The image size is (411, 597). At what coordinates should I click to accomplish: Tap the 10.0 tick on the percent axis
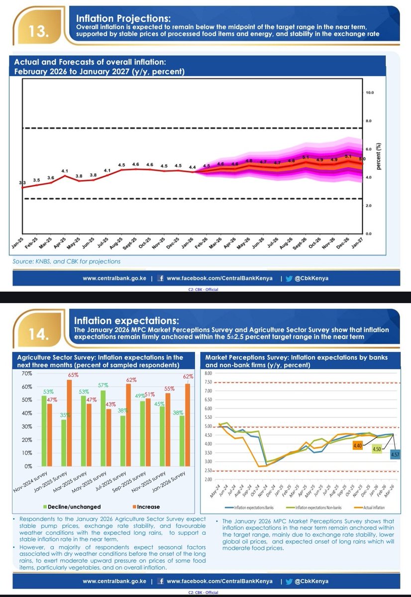(370, 93)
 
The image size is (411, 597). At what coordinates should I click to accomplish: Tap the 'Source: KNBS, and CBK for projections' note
(67, 261)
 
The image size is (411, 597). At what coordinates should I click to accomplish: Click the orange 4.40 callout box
(357, 446)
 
